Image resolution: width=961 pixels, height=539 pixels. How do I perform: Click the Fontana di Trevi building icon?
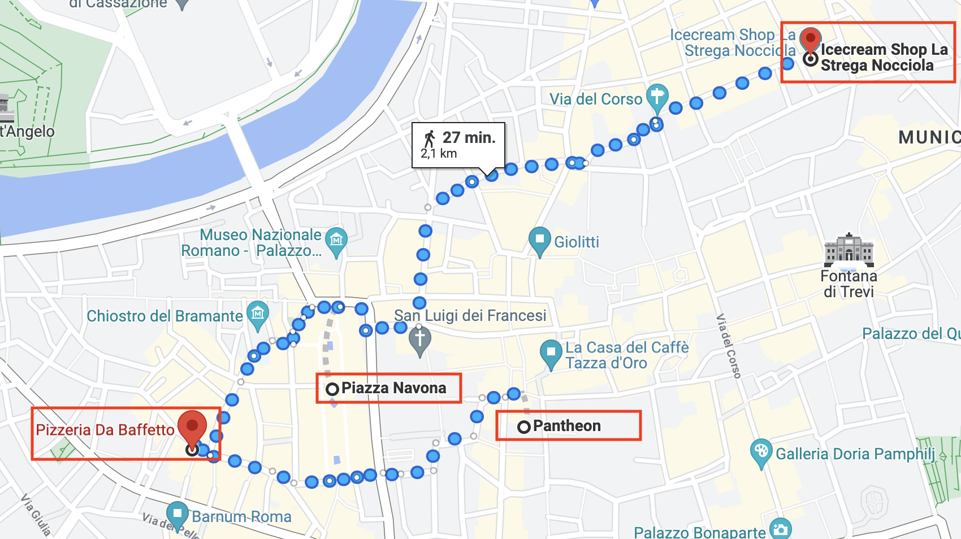pos(849,250)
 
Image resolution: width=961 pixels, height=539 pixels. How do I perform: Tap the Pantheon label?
pos(566,426)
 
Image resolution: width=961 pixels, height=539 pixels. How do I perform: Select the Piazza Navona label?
pos(393,388)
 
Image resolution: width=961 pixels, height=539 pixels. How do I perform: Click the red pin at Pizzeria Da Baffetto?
pos(192,426)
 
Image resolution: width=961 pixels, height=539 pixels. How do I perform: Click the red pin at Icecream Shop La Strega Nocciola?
pos(811,40)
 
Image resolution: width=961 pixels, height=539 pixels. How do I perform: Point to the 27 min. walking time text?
pos(469,138)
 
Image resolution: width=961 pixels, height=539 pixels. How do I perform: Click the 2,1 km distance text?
pos(439,154)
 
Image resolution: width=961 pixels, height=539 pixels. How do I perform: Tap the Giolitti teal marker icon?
pos(539,240)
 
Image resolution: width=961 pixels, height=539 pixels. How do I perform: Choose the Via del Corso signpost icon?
pos(657,96)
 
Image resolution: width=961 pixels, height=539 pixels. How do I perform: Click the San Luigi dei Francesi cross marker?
pos(419,340)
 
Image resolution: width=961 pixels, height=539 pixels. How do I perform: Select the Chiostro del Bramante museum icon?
pos(258,314)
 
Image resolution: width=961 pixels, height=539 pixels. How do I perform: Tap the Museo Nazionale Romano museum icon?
pos(336,240)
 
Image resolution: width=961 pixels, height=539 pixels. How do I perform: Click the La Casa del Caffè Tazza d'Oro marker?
pos(551,353)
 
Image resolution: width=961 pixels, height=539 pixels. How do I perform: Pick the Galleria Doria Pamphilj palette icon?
pos(761,451)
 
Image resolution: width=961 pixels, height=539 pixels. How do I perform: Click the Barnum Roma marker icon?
pos(178,514)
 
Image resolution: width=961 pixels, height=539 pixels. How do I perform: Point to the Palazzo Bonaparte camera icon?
pos(781,529)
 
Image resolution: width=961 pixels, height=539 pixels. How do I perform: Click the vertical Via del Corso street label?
pos(728,346)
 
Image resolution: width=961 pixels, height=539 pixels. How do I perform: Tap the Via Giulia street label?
pos(36,515)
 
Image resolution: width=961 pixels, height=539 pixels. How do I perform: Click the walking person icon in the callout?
pos(430,138)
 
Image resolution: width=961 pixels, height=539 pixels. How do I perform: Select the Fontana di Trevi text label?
pos(849,284)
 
